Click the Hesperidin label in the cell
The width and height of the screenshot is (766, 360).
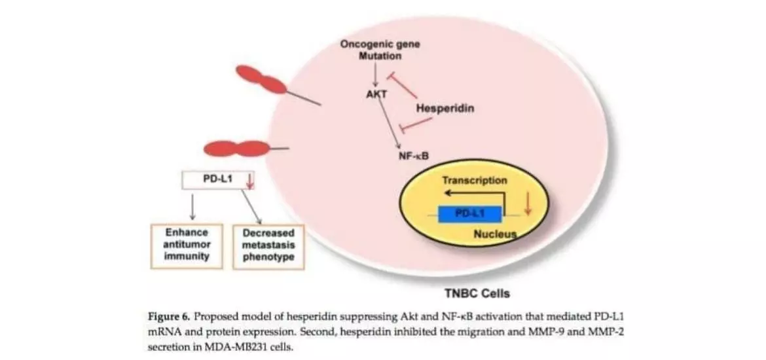[x=445, y=109]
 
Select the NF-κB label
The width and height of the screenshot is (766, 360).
[x=413, y=156]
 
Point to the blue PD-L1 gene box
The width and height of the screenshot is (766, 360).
[x=470, y=214]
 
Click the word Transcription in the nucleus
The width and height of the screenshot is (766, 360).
[x=474, y=180]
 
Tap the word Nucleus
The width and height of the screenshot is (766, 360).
[x=496, y=233]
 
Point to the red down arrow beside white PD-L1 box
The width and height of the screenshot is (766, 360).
[x=249, y=180]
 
